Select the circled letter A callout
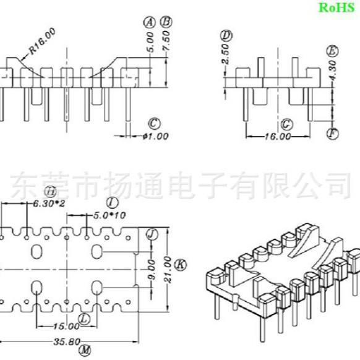148,22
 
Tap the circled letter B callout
165,22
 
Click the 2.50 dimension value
226,55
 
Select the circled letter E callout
333,51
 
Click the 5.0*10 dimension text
109,215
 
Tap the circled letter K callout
180,265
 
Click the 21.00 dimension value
166,270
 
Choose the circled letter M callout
84,351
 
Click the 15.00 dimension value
66,325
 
